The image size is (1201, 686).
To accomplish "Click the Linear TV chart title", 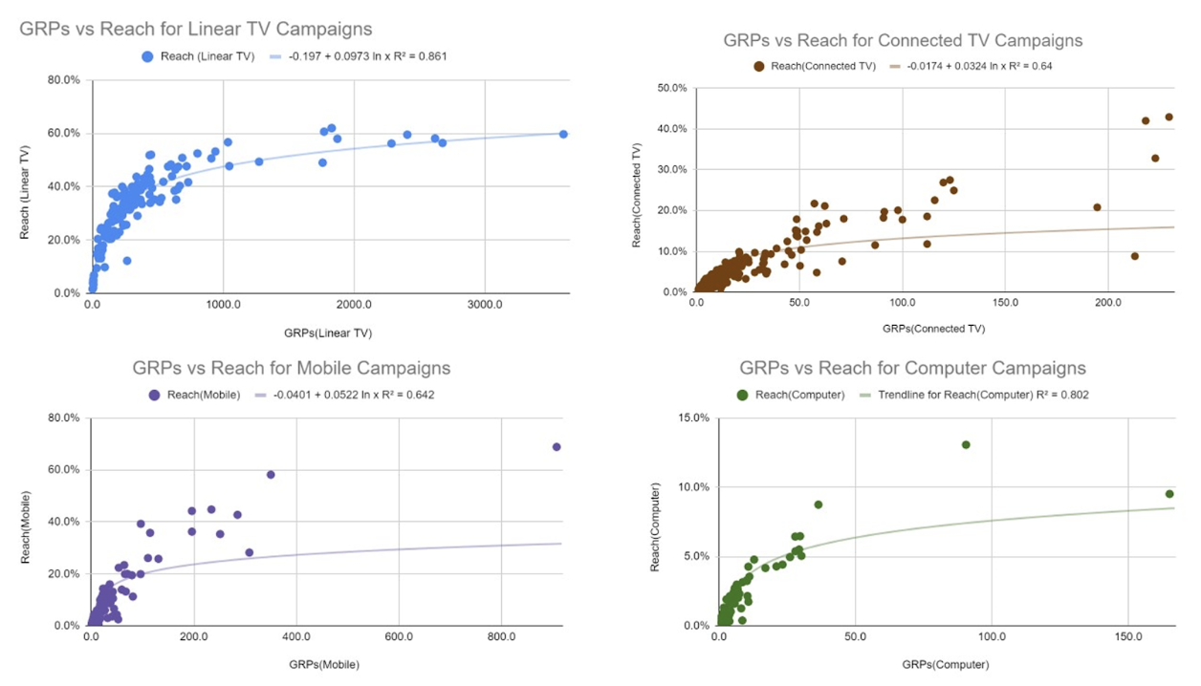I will point(196,30).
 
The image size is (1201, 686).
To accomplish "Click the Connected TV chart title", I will point(903,40).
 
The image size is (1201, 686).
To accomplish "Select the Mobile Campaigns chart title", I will point(292,368).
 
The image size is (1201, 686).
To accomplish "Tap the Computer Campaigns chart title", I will point(912,368).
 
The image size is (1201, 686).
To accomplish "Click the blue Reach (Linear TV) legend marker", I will point(146,56).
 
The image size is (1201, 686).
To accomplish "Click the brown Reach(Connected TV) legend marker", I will point(759,66).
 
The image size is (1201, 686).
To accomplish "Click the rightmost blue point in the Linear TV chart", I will point(563,134).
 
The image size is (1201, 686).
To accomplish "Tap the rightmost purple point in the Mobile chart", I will point(557,446).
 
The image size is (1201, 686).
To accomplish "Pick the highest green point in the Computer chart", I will point(966,444).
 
